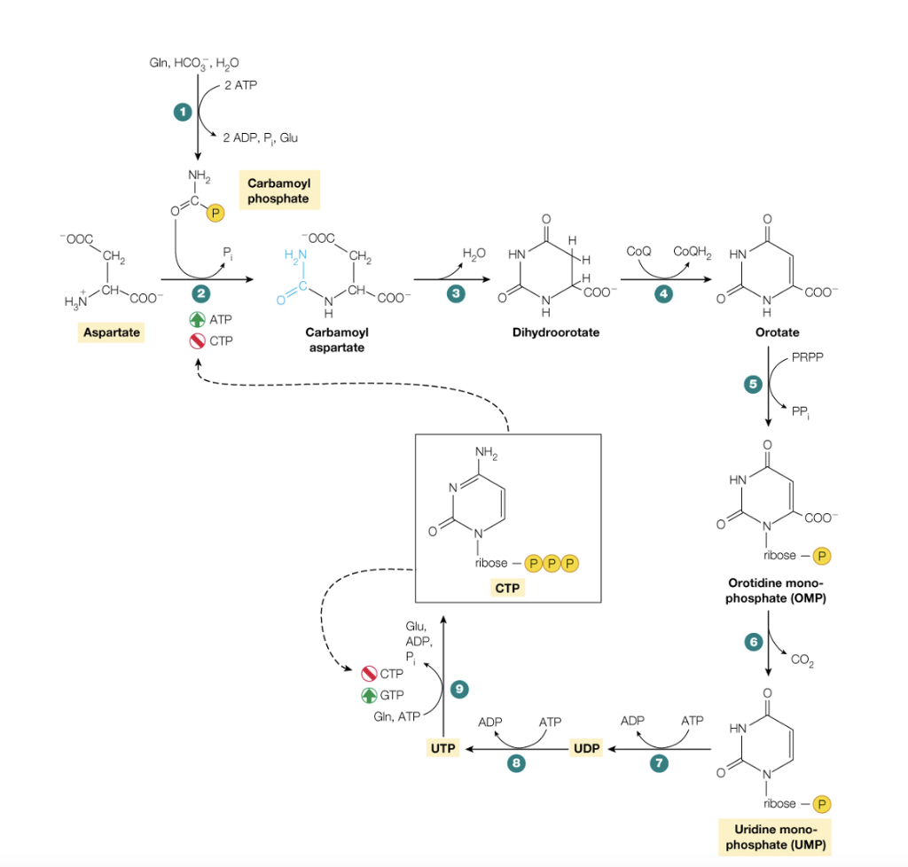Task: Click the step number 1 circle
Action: tap(183, 112)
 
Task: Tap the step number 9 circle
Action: tap(458, 688)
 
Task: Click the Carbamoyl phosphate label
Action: tap(278, 190)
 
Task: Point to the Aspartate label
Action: tap(111, 332)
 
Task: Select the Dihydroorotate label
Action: tap(548, 332)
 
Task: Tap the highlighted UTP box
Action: tap(443, 749)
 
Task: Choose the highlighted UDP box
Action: tap(586, 749)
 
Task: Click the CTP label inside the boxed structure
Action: tap(508, 589)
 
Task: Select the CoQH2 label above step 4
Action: tap(693, 252)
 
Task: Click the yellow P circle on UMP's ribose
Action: tap(822, 804)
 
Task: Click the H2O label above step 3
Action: tap(474, 254)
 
